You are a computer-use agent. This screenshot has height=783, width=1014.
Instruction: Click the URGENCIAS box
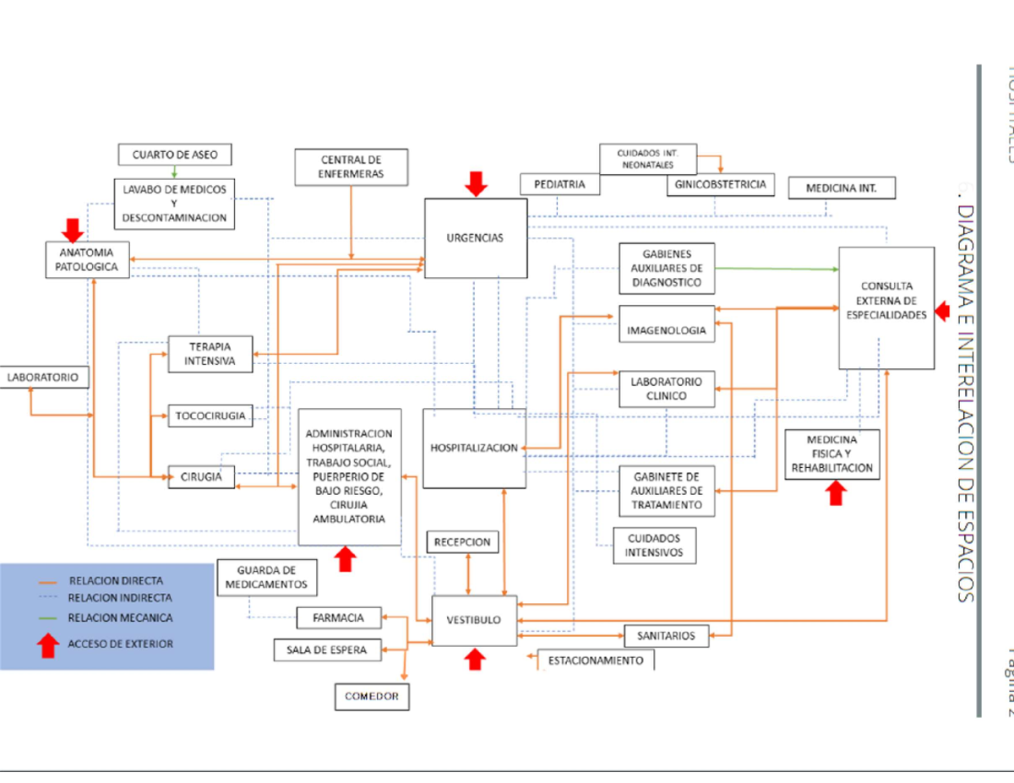pos(475,237)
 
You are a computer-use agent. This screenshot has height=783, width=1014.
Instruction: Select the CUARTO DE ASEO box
pos(174,155)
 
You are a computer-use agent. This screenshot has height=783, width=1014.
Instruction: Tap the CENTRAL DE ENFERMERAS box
pos(351,166)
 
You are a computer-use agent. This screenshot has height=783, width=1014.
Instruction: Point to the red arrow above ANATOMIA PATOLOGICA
pos(72,229)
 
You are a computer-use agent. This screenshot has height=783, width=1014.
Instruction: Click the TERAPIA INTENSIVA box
pos(210,354)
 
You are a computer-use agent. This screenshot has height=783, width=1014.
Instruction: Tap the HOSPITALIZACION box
pos(473,449)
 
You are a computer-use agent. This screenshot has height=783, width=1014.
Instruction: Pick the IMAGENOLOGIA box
pos(666,330)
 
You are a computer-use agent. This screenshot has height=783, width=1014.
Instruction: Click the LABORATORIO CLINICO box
pos(666,389)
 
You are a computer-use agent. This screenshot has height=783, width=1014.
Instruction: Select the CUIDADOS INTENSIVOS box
pos(654,546)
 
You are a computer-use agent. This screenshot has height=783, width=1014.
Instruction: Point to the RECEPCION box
pos(463,542)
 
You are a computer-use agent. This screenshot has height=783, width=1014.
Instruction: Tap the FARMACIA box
pos(338,617)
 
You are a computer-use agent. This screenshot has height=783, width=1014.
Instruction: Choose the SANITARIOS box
pos(666,635)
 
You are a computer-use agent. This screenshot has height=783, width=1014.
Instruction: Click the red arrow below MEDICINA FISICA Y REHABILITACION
pos(836,493)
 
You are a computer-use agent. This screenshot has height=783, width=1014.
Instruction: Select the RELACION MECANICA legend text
pos(120,618)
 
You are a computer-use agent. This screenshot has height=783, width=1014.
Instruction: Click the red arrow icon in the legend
pos(49,644)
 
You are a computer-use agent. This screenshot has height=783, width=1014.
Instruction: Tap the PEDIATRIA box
pos(559,184)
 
